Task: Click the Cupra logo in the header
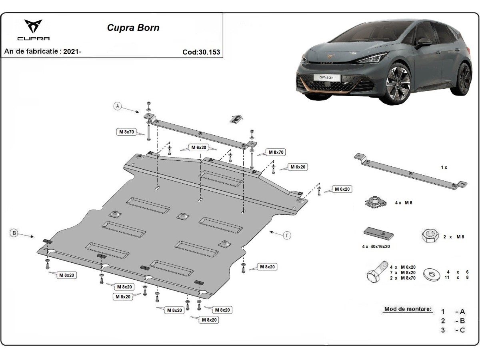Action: [x=33, y=29]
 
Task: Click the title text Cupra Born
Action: [x=133, y=28]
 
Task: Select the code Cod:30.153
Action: [x=201, y=52]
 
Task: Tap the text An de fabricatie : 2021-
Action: [x=43, y=52]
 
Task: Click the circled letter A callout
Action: [x=117, y=106]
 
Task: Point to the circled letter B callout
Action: [x=14, y=233]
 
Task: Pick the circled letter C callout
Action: [x=287, y=235]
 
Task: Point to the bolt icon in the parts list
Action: [x=376, y=272]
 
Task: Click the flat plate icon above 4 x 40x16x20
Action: [x=378, y=232]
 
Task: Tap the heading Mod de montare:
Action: [x=408, y=309]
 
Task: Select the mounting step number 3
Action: [x=443, y=330]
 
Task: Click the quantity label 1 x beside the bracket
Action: [x=444, y=167]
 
